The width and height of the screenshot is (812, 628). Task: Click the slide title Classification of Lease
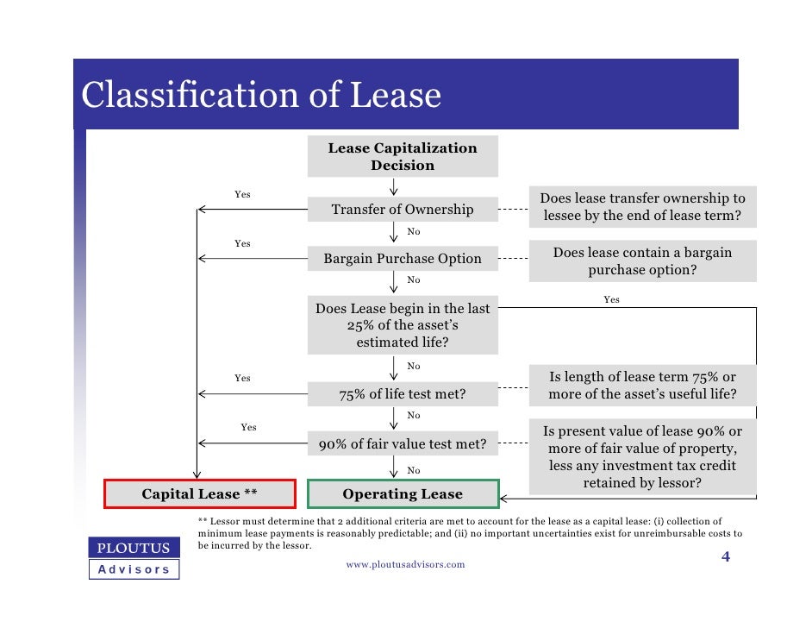tap(261, 95)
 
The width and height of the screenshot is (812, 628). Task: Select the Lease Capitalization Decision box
tap(402, 156)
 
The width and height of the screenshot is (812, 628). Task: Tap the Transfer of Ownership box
tap(403, 210)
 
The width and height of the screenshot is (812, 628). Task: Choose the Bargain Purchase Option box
tap(403, 259)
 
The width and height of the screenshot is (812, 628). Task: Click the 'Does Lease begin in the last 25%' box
tap(403, 325)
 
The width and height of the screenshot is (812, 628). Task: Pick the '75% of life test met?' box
tap(403, 395)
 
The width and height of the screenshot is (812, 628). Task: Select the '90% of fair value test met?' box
tap(403, 445)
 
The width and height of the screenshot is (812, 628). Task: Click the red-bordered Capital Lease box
tap(200, 494)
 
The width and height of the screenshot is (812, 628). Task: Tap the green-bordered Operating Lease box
tap(403, 494)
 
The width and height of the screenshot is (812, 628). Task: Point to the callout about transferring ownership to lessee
tap(642, 207)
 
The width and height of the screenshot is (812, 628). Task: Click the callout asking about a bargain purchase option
tap(642, 261)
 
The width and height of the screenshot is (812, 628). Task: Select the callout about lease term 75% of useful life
tap(642, 386)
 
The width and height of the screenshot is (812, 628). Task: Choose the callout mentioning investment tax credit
tap(642, 457)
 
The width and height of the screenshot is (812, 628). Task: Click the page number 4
tap(725, 557)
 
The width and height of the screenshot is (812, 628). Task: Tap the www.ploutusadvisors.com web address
tap(405, 564)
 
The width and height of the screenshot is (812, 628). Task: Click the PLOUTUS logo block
tap(134, 548)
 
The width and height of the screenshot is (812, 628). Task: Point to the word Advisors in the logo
tap(134, 569)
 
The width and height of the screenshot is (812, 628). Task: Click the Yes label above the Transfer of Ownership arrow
tap(243, 194)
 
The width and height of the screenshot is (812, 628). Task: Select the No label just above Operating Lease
tap(414, 470)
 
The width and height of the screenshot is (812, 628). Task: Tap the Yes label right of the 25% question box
tap(611, 299)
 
